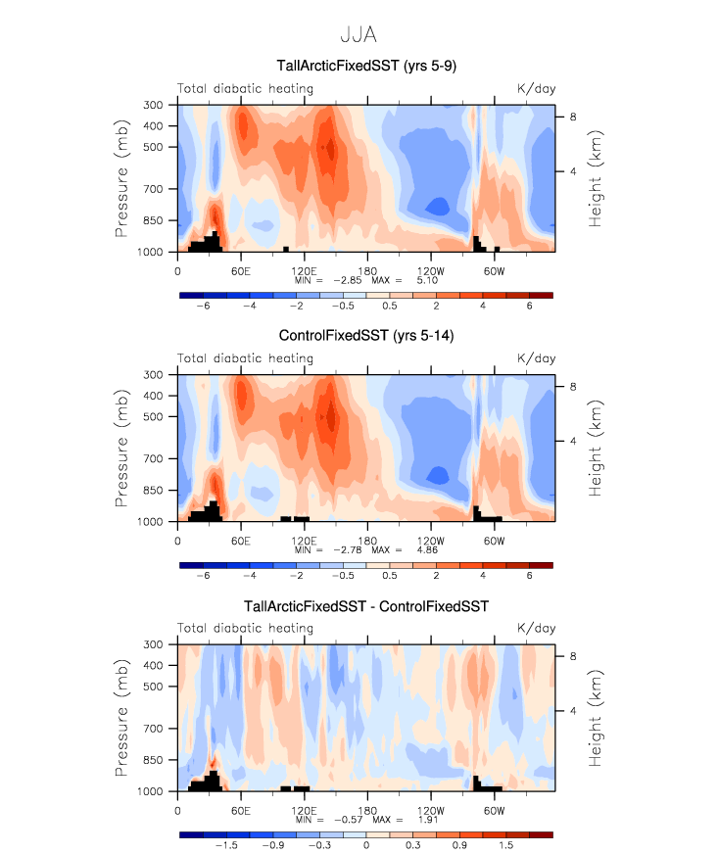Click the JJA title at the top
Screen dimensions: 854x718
359,35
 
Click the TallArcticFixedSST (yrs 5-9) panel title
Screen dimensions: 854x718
365,68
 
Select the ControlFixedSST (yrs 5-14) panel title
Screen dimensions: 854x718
365,338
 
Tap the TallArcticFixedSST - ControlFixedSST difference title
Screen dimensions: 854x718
365,607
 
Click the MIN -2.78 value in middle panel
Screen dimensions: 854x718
341,549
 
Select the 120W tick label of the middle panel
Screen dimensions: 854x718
430,540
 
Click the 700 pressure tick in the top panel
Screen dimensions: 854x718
152,189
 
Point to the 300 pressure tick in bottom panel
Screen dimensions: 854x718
152,644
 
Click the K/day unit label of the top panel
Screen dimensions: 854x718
536,89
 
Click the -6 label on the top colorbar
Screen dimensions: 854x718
203,306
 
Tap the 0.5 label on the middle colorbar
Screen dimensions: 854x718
412,576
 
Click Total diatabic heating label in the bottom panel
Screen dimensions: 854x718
245,629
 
